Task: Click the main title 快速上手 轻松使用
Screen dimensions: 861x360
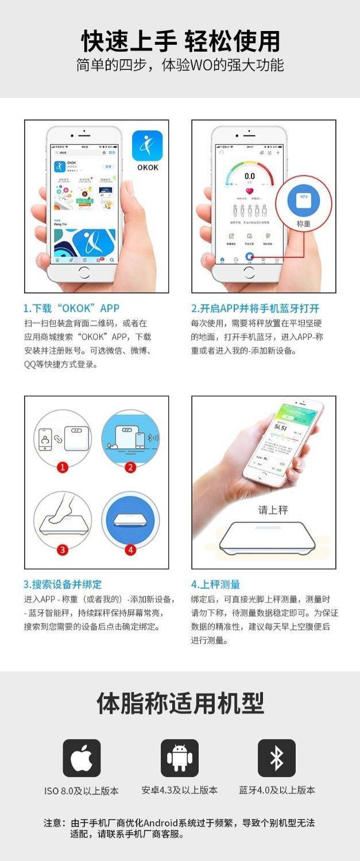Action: pos(180,41)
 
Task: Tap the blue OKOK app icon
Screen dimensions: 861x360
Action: pos(148,146)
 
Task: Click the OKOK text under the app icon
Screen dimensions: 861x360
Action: pos(148,168)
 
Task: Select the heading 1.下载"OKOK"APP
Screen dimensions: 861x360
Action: pos(71,308)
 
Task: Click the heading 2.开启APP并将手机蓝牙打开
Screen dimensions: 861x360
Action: pos(255,308)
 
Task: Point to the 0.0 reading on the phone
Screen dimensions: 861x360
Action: pos(250,176)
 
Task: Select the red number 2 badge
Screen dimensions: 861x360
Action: pos(130,467)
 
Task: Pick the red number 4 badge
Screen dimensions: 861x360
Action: pos(130,549)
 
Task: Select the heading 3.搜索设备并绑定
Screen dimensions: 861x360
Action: pos(63,584)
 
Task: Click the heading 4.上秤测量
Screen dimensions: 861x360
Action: pos(215,584)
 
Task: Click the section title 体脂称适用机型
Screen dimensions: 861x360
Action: pos(180,703)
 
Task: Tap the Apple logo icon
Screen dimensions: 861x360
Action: pos(82,758)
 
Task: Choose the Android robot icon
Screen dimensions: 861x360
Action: pos(179,758)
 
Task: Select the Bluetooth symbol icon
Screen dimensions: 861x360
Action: pos(277,758)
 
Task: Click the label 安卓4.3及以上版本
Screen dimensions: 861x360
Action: pos(179,790)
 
